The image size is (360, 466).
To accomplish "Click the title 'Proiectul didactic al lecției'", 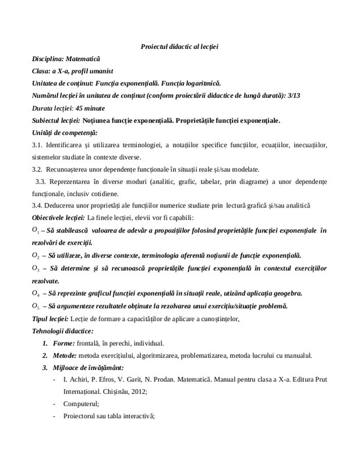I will coord(179,46).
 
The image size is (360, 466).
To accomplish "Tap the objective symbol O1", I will coord(36,231).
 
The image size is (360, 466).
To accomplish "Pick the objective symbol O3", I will coord(36,269).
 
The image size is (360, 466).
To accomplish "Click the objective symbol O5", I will coord(36,306).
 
